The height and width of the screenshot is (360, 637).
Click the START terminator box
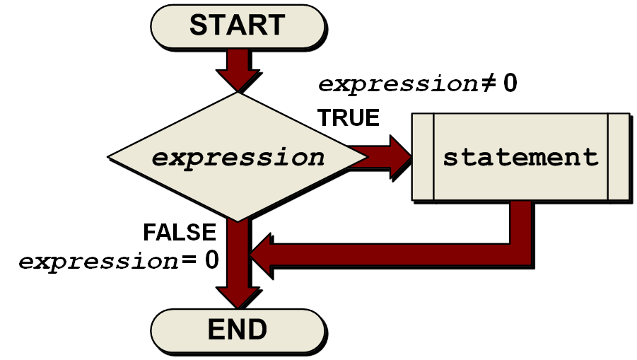click(237, 26)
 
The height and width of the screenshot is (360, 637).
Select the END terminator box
click(237, 330)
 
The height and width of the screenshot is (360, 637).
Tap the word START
click(237, 25)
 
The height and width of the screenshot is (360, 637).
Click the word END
click(237, 329)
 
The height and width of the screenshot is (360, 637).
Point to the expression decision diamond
click(238, 156)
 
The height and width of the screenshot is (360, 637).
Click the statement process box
click(520, 156)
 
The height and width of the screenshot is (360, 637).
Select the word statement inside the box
click(520, 156)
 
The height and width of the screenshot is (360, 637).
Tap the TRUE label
click(348, 117)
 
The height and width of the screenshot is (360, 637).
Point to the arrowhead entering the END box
click(238, 297)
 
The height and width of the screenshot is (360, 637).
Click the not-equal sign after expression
click(489, 84)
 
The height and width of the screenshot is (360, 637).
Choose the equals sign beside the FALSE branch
click(189, 260)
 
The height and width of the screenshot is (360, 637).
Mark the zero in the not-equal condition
click(510, 83)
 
